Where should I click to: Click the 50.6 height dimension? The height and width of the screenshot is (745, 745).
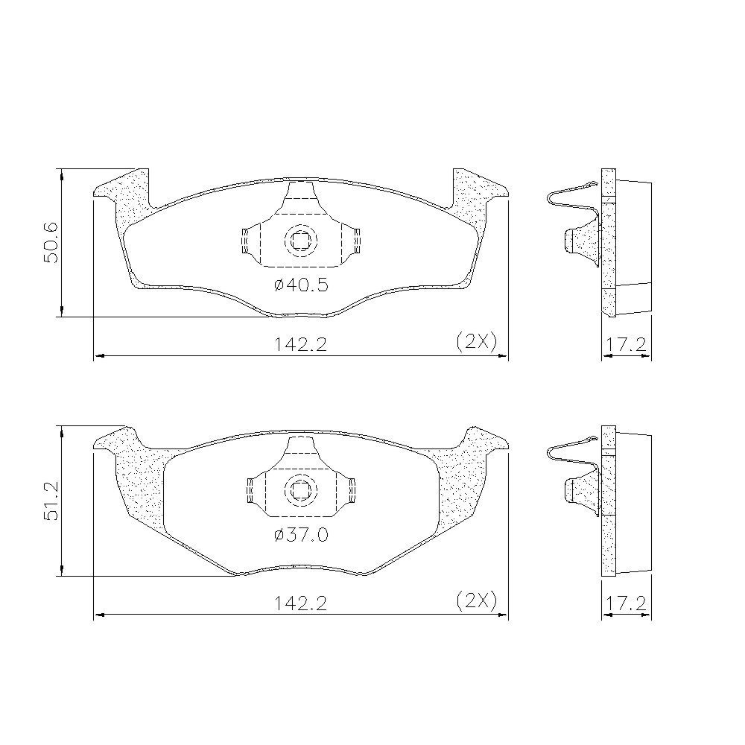tap(50, 242)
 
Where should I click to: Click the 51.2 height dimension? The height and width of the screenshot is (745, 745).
tap(51, 501)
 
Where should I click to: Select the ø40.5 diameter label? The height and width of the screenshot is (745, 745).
tap(301, 285)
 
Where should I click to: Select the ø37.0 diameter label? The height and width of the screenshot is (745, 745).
tap(301, 535)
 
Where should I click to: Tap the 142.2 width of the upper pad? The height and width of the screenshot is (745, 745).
tap(300, 343)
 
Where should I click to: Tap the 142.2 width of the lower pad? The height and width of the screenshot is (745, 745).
tap(300, 603)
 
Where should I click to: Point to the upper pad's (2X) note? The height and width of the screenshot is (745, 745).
tap(476, 342)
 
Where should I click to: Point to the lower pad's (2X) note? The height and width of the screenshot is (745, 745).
tap(476, 601)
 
